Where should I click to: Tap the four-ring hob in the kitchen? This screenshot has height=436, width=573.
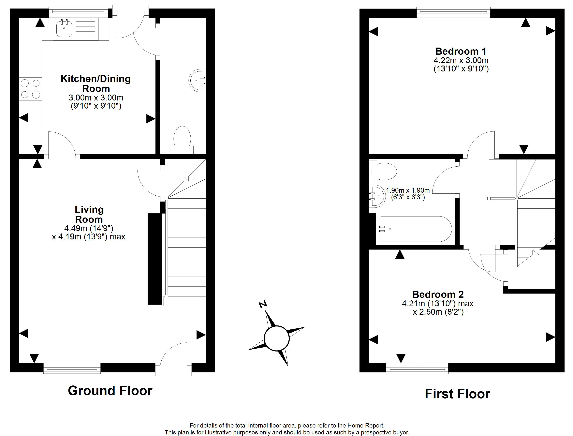[x=30, y=89]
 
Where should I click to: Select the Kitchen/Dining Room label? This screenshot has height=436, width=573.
[x=96, y=83]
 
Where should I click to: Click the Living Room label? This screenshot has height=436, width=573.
[x=89, y=214]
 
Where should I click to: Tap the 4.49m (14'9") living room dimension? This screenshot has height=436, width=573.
[x=89, y=228]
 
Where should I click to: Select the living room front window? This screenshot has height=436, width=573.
[x=72, y=368]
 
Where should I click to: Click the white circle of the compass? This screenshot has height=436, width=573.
[x=276, y=338]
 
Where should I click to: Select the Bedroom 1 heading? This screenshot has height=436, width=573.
[x=461, y=51]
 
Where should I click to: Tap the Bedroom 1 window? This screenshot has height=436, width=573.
[x=453, y=12]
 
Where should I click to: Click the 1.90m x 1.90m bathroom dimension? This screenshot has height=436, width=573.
[x=408, y=190]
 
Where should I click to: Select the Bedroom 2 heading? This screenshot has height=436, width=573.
[x=438, y=294]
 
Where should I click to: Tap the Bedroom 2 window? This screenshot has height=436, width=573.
[x=417, y=368]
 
